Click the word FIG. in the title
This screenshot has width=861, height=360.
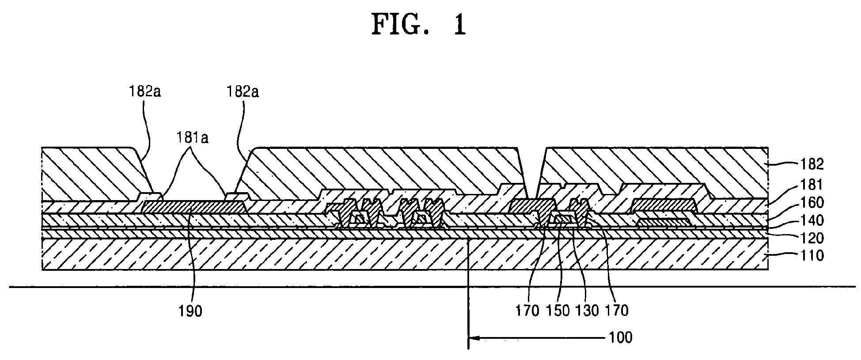tap(403, 25)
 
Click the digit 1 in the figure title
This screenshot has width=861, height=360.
tap(459, 25)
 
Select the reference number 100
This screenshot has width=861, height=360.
tap(620, 338)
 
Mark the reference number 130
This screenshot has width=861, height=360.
tap(587, 311)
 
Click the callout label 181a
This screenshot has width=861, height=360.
tap(193, 138)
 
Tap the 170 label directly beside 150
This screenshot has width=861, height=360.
tap(528, 311)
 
